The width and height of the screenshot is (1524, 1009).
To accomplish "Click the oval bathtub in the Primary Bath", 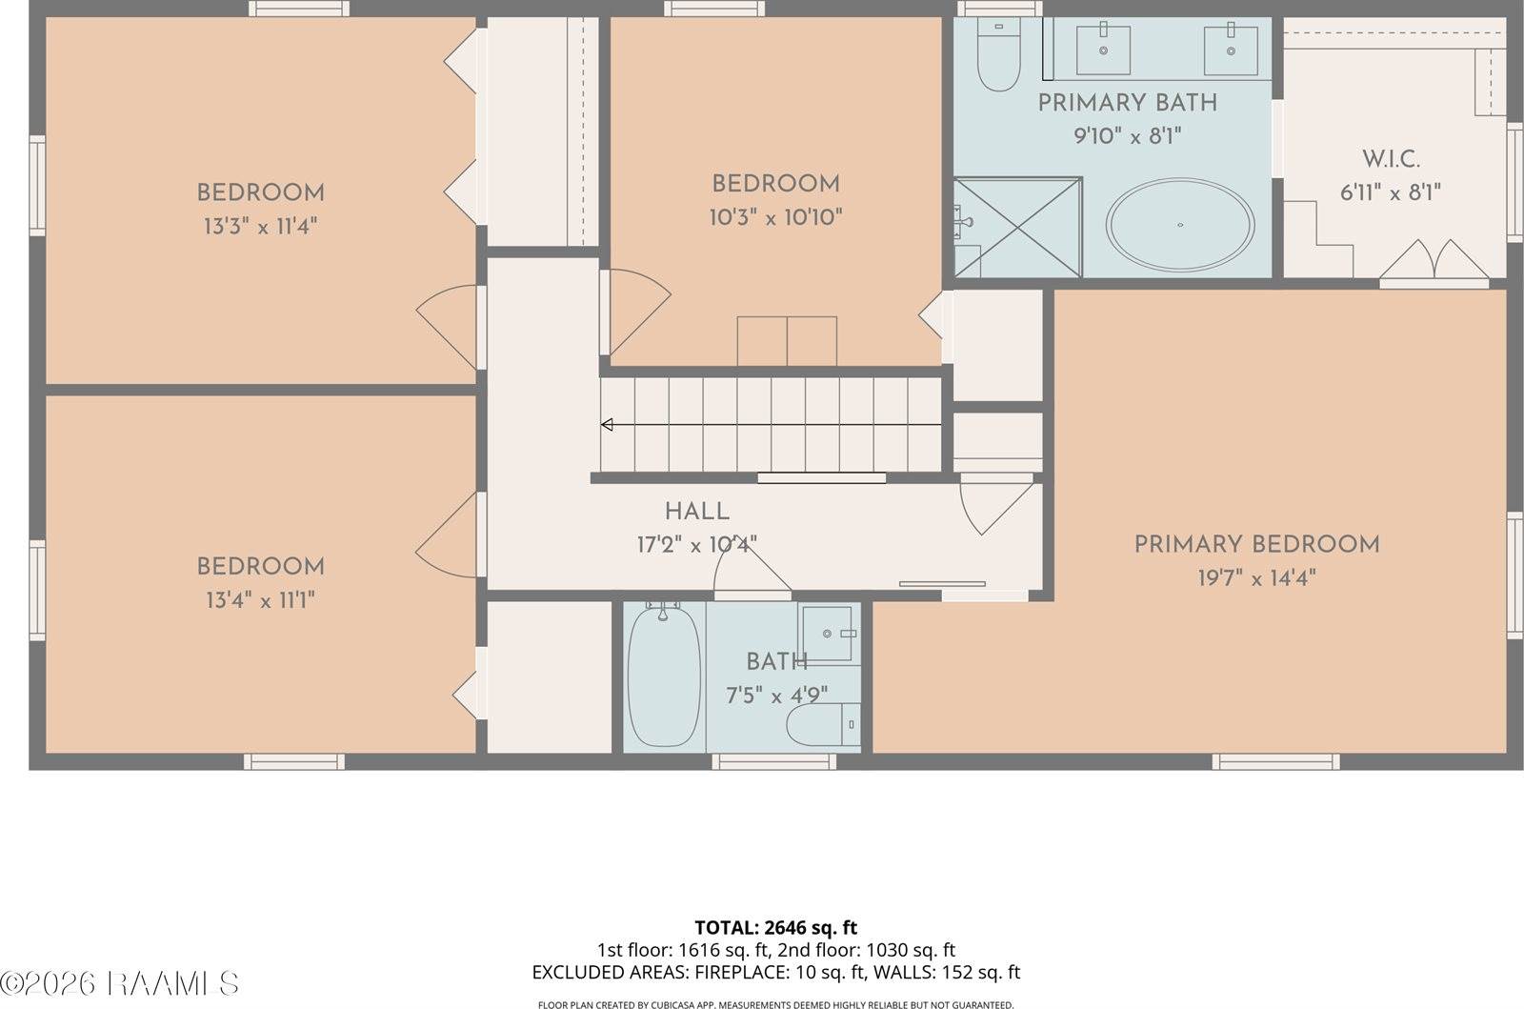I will click(1179, 226).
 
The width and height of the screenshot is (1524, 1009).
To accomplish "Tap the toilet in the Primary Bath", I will click(998, 57).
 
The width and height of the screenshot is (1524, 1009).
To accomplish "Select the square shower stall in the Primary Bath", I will click(1018, 228).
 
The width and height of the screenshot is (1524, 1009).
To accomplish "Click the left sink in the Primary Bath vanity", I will click(1103, 50).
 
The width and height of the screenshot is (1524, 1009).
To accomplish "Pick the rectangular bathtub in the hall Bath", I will click(664, 676).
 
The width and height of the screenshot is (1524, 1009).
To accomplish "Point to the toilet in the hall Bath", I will click(821, 725).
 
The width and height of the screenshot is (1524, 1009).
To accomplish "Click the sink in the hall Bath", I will click(828, 634).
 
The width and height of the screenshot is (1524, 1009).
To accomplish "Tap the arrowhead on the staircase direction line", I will click(607, 425).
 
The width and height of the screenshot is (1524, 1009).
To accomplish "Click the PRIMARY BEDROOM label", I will click(1256, 545).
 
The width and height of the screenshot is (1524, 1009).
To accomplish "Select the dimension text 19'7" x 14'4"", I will click(1256, 578).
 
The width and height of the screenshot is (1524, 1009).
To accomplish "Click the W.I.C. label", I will click(1391, 159).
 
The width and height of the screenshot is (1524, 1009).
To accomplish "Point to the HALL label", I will click(697, 512).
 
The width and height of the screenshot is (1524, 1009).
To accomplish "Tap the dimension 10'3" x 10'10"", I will click(775, 218).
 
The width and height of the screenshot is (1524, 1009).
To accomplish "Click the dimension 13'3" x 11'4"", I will click(260, 227).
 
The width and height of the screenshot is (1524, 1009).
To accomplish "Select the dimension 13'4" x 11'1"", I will click(260, 600).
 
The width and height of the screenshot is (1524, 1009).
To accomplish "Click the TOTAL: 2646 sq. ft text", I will click(775, 927).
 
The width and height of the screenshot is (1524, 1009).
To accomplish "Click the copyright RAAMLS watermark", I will click(120, 983).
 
